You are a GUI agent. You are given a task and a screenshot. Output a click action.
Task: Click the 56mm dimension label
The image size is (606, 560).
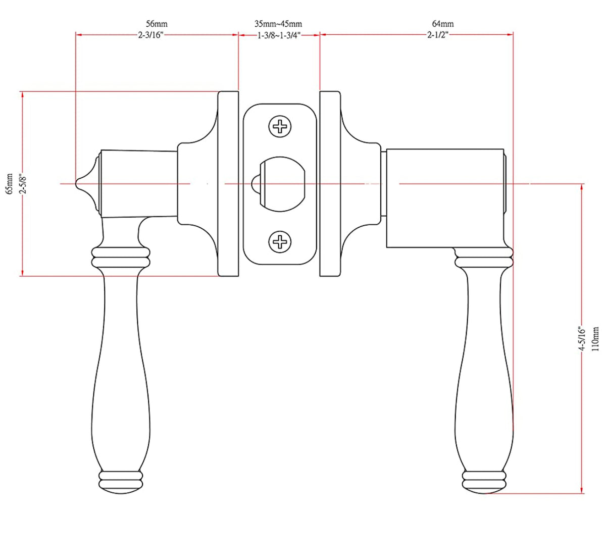click(x=157, y=24)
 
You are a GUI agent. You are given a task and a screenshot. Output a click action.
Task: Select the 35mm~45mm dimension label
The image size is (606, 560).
click(x=278, y=24)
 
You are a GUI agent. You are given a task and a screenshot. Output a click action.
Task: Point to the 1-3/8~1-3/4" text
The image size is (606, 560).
click(x=279, y=35)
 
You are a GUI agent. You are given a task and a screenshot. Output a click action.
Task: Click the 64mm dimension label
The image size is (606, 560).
click(x=443, y=24)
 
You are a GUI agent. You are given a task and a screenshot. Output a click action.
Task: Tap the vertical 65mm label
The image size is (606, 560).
click(x=9, y=183)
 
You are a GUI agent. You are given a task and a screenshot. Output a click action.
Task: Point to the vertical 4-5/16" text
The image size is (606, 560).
click(x=582, y=339)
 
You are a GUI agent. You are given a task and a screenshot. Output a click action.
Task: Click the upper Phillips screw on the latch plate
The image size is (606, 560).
click(x=280, y=126)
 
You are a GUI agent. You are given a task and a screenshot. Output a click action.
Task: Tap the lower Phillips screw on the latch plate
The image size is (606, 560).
click(x=280, y=242)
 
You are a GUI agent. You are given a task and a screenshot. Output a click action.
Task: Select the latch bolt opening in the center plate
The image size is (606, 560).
click(x=283, y=184)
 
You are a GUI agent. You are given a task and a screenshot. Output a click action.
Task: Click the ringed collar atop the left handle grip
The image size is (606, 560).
click(x=120, y=256)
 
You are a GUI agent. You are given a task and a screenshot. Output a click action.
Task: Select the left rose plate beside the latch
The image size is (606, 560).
click(x=228, y=184)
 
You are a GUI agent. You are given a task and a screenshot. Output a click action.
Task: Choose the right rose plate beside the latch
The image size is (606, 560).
click(x=330, y=184)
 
